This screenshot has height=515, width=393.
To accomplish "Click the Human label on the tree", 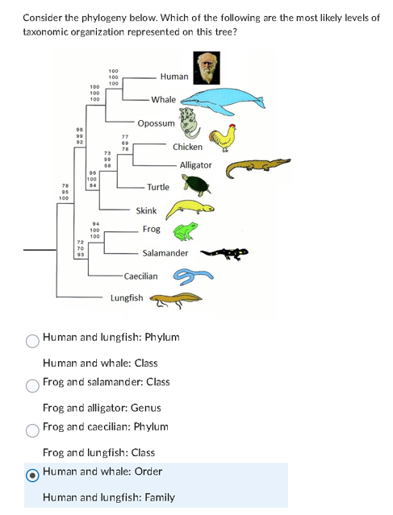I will tap(174, 77).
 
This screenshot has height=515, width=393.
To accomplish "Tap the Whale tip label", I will tap(163, 100).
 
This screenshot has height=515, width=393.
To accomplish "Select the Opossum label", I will tap(156, 123).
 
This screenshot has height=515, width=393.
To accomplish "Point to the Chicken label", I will tap(187, 147).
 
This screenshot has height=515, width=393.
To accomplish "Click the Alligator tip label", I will tap(195, 165).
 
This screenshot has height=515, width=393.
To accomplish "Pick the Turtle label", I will tap(158, 187).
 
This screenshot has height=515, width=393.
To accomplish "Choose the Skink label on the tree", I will tap(146, 210).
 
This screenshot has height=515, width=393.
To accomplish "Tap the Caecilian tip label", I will tap(140, 276).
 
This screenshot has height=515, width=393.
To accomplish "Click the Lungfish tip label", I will tap(127, 298).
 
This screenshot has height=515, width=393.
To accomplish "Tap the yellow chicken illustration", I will tap(222, 139).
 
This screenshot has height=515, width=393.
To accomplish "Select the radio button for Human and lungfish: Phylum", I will tap(32, 340).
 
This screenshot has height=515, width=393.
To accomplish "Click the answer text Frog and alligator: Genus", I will tap(102, 409).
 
